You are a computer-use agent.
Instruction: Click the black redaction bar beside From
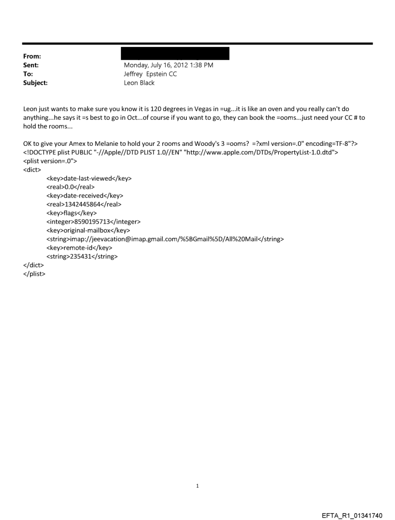(x=176, y=53)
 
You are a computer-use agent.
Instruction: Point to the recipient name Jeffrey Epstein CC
(x=151, y=74)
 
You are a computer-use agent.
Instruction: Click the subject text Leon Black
(x=139, y=83)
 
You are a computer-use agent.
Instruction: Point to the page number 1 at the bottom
(x=197, y=486)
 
